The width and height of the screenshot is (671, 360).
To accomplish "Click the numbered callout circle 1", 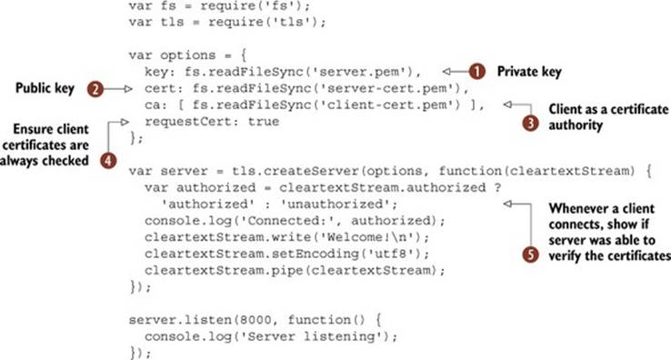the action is pos(476,72).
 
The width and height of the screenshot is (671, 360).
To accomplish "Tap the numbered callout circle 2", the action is pos(95,89).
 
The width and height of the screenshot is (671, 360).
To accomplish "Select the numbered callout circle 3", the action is pos(530,124).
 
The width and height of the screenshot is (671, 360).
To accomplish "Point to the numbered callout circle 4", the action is pos(108,161).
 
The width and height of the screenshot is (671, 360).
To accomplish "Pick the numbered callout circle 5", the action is pos(530,255).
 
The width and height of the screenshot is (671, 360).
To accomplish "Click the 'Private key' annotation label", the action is pos(529,72).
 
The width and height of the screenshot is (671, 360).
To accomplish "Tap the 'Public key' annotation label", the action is pos(45,88).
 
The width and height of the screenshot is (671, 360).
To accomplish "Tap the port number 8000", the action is pos(255,320).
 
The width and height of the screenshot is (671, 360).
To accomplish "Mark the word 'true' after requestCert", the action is pos(264,122).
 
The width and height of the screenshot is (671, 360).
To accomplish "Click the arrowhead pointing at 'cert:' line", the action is pos(128,89).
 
